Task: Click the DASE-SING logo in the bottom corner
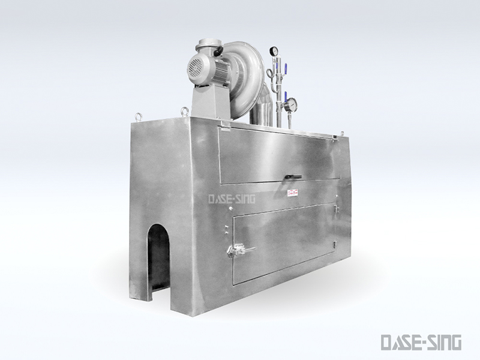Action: coord(421,342)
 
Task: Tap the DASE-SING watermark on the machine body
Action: coord(232,199)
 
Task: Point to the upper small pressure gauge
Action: coord(274,50)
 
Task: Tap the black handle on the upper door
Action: coord(293,176)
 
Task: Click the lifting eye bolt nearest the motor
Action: coord(184,110)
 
